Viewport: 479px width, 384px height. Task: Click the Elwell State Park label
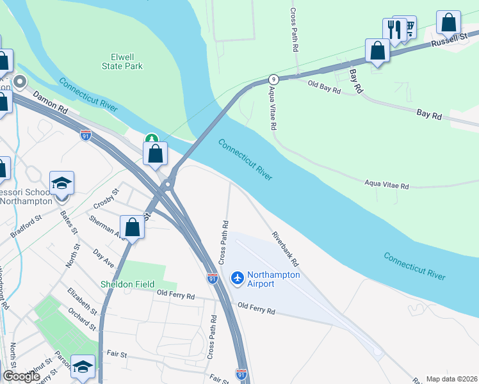[122, 61]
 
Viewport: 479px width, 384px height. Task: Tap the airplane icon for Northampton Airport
[238, 278]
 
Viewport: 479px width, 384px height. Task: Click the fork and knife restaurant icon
[394, 29]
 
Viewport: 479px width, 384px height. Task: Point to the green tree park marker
[151, 138]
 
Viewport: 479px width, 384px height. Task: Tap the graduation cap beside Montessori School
[61, 183]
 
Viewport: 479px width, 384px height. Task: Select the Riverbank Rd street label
[285, 249]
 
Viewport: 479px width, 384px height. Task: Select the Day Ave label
[103, 259]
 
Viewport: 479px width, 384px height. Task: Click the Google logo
[22, 376]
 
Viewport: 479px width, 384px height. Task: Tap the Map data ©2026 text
[451, 379]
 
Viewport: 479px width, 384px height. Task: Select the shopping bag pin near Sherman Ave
[132, 227]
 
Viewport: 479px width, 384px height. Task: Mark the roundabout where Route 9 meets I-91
[168, 185]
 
